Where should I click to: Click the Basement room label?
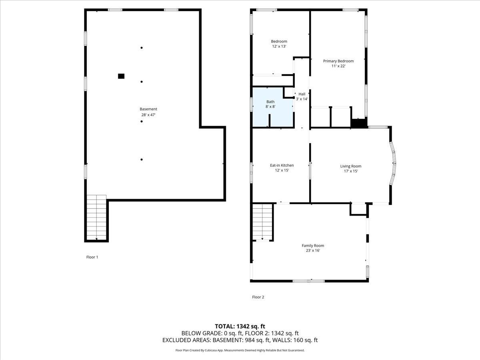click(148, 109)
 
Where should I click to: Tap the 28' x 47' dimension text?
click(148, 115)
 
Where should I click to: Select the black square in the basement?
click(121, 76)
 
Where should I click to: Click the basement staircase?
click(97, 217)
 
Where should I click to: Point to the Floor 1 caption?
click(92, 257)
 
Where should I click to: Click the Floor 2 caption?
click(258, 297)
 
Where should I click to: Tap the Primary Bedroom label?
click(338, 61)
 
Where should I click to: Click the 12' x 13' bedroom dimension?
click(279, 47)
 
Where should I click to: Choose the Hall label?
click(302, 94)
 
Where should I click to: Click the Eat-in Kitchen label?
click(282, 165)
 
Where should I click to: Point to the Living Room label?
click(350, 166)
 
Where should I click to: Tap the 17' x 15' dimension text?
click(350, 171)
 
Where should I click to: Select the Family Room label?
click(313, 246)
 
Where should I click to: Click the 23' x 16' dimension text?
click(313, 251)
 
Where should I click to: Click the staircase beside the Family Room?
click(262, 222)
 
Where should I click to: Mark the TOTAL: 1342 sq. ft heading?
click(240, 326)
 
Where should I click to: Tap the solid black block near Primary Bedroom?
click(358, 124)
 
